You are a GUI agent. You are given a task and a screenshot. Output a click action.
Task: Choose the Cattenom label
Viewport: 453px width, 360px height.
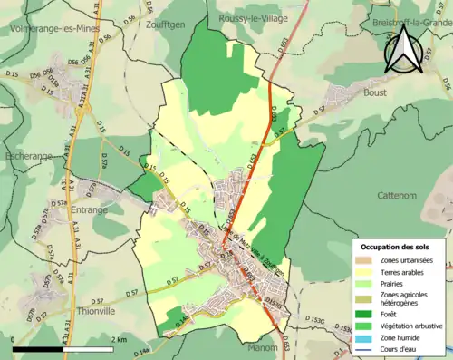pos(398,194)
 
